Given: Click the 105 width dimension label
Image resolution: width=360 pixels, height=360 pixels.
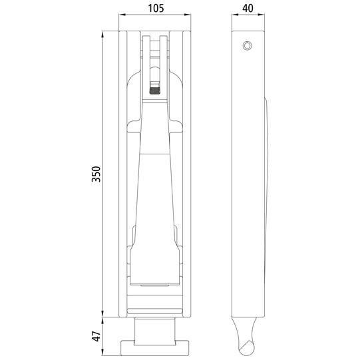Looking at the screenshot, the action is point(156,9).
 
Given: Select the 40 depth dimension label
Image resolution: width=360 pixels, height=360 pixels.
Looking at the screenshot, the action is point(248,9).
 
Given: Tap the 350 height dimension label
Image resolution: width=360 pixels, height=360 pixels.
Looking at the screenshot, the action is point(96,174).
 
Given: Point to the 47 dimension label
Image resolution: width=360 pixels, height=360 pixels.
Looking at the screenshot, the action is point(96,336).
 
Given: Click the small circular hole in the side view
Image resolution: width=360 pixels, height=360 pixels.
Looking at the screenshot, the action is point(248,46).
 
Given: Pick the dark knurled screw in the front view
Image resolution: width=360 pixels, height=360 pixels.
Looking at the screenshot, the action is point(155,91).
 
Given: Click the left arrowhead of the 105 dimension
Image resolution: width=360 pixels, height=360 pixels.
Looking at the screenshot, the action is point(122,15).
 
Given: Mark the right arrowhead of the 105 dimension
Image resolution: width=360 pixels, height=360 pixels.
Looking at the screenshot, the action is point(188,15).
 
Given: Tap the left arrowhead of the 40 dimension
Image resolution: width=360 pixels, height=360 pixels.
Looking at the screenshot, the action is point(235,15).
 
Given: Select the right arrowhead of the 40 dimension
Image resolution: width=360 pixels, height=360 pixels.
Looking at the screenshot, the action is point(262,15).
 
